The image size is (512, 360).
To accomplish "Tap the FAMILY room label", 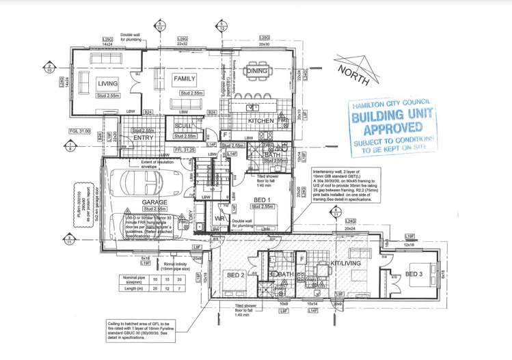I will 184,79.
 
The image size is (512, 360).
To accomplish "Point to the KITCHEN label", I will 261,121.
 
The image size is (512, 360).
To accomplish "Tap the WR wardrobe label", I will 220,219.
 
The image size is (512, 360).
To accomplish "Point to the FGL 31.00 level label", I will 81,131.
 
